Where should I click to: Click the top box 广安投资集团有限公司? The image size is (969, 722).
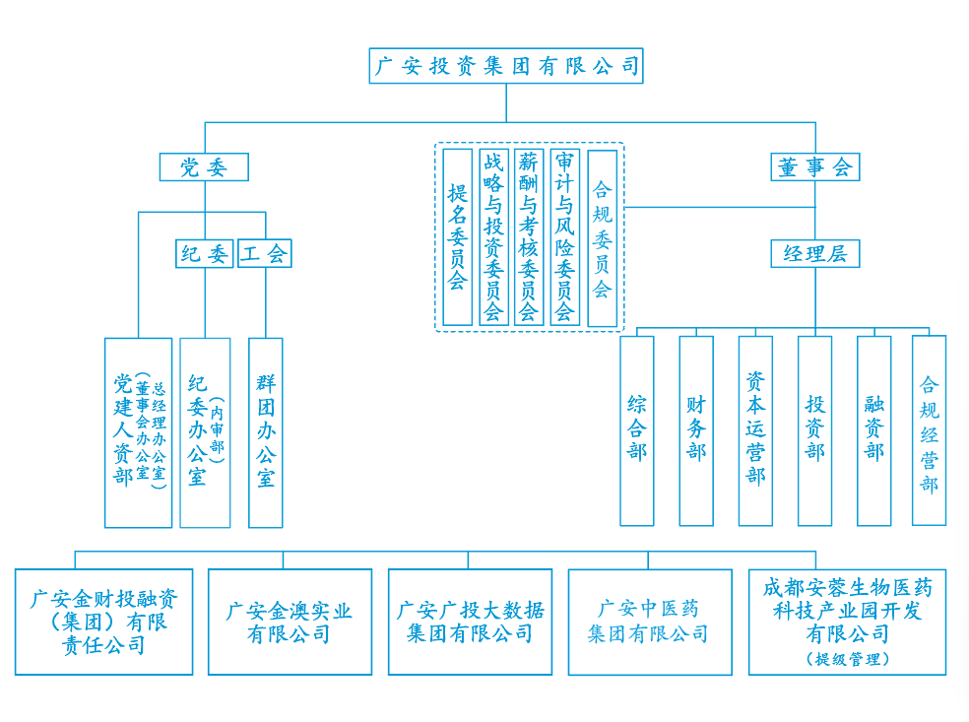tap(506, 66)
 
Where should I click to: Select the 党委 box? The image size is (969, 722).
tap(204, 167)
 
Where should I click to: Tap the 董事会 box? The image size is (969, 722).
tap(814, 167)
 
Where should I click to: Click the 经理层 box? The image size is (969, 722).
tap(814, 254)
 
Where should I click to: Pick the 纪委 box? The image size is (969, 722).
tap(205, 254)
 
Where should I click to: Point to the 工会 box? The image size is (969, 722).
tap(265, 254)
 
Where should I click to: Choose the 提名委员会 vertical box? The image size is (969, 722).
tap(457, 237)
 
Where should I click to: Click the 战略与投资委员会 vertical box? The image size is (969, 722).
tap(493, 237)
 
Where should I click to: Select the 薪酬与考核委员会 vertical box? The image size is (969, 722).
tap(529, 237)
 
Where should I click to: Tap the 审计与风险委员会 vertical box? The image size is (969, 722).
tap(564, 237)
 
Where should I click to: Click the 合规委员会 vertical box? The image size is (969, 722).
tap(602, 237)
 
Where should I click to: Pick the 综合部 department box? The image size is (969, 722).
tap(636, 430)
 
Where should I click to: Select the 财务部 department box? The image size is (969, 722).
tap(696, 430)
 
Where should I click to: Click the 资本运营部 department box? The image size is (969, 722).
tap(755, 430)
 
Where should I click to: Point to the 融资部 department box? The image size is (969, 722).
tap(873, 430)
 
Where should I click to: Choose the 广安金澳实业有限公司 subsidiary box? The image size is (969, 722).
tap(290, 622)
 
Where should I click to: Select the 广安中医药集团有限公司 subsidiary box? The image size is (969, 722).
tap(649, 622)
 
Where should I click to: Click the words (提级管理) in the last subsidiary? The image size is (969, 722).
tap(847, 659)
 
